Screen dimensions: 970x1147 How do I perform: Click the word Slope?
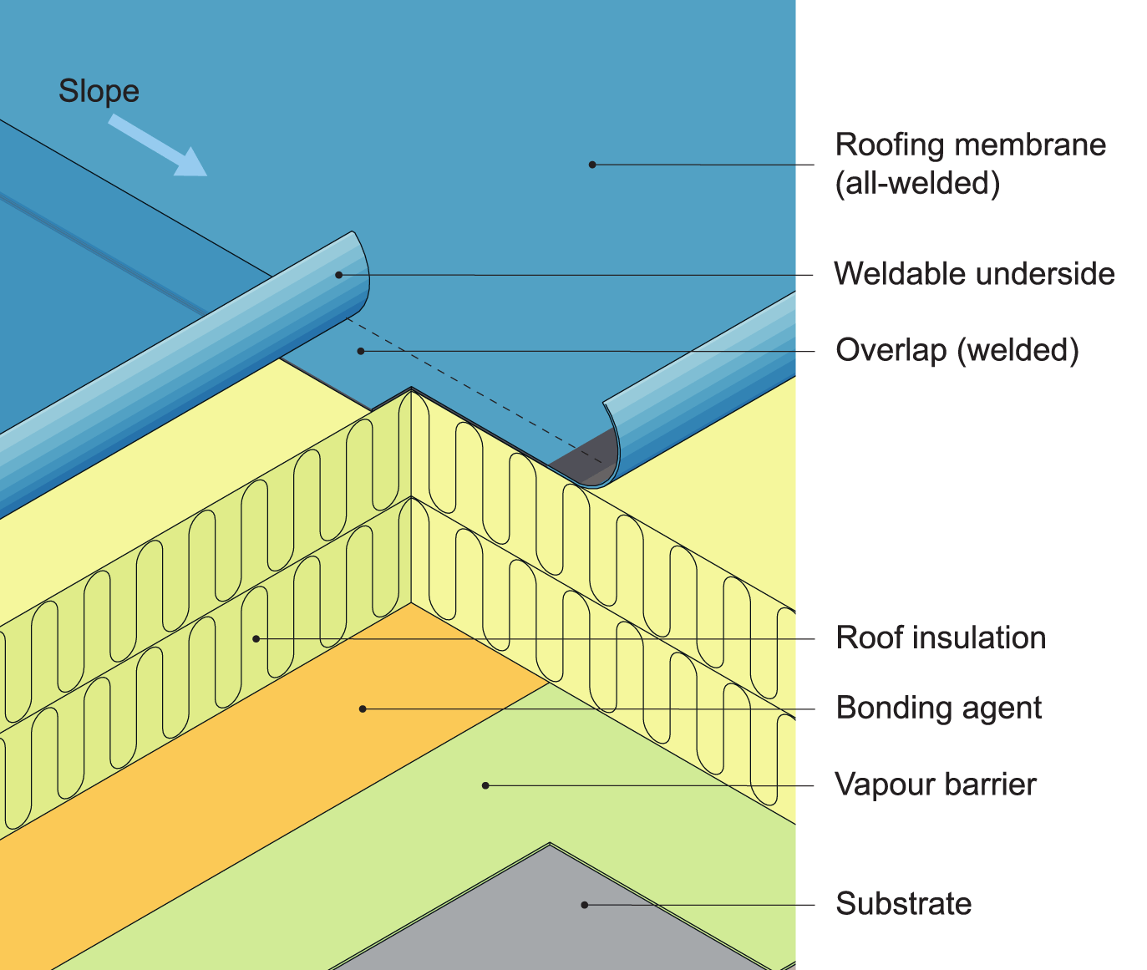pos(99,91)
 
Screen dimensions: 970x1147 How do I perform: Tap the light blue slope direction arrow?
pos(158,146)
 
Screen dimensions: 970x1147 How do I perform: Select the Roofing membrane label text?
pos(970,145)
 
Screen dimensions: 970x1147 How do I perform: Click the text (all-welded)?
pos(917,183)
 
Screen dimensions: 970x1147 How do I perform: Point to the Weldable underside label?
pos(974,274)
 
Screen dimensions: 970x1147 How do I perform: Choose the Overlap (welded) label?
pos(957,350)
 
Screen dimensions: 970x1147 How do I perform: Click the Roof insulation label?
pos(941,638)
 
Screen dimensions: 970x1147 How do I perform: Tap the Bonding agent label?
pos(938,708)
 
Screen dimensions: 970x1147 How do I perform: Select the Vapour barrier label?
pos(936,785)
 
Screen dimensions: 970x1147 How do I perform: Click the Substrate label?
pos(904,904)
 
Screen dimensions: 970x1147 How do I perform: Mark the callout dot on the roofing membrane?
pos(592,165)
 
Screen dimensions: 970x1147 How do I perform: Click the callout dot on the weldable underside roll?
pos(339,274)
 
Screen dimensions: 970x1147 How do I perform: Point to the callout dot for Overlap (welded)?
pos(361,351)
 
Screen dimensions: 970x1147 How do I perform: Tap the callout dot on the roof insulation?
pos(256,638)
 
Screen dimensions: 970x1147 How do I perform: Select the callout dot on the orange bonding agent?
pos(363,708)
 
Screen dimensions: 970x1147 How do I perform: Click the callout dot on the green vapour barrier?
pos(485,785)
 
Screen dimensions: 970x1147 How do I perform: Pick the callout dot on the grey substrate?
pos(585,904)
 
